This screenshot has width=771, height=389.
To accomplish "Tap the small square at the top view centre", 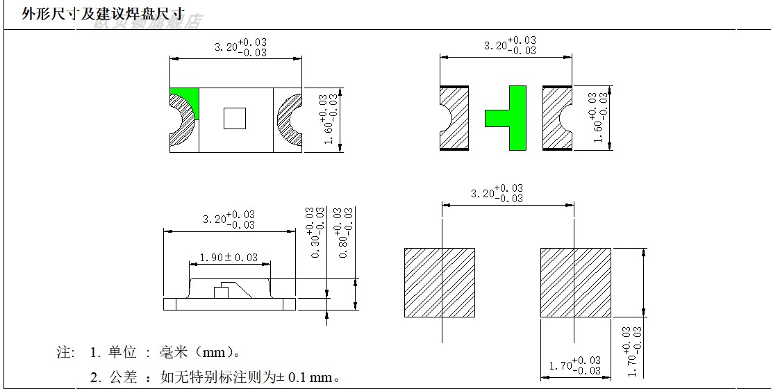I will point(235,119).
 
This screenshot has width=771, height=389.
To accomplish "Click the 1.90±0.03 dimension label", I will point(229,258).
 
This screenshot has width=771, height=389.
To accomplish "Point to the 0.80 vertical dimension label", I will point(343,232).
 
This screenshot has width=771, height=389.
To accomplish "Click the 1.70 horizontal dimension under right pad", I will point(574,364).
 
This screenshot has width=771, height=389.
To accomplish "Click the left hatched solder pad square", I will point(440,283).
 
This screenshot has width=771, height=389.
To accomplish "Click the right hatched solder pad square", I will point(576,283).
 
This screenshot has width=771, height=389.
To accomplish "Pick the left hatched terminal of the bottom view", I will point(454,117).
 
